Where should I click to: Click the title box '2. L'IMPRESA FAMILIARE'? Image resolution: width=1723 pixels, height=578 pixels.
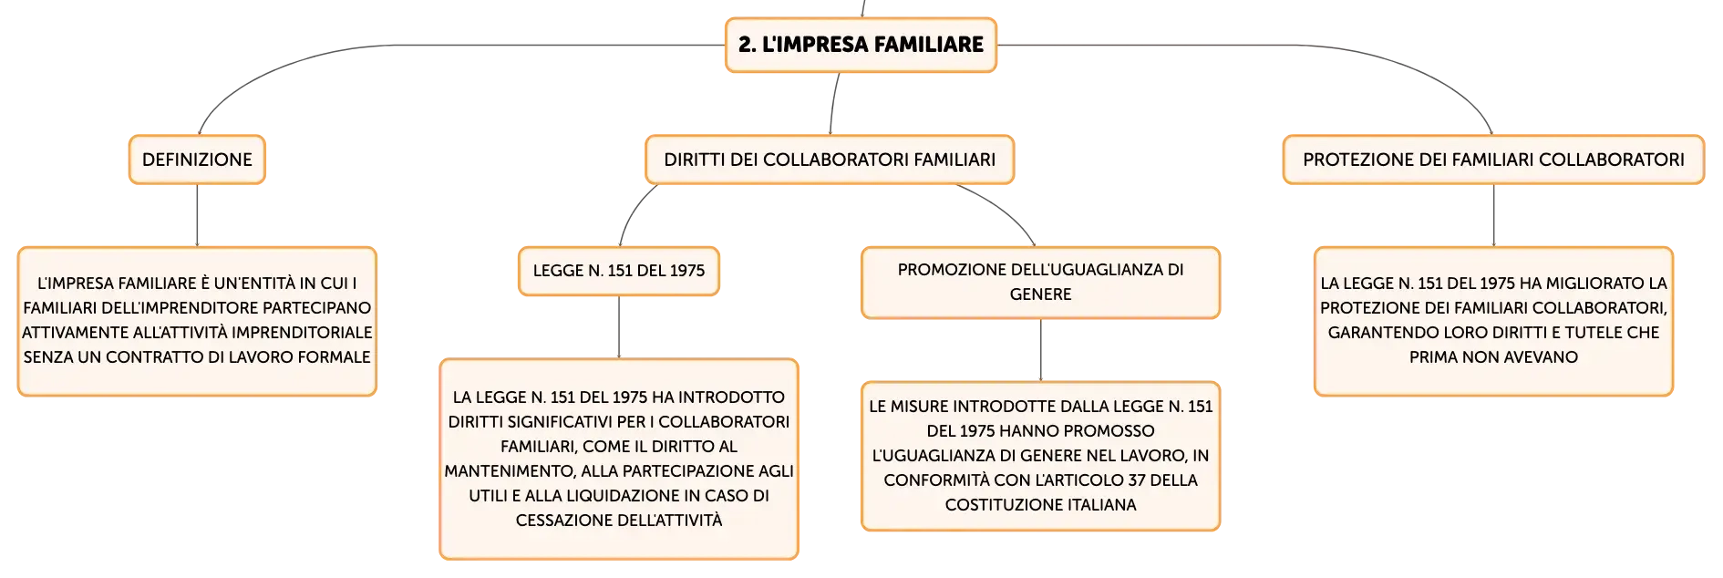861,45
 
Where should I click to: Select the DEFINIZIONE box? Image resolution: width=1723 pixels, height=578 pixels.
197,160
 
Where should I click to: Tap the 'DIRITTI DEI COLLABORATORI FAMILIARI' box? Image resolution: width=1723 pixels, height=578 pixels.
830,160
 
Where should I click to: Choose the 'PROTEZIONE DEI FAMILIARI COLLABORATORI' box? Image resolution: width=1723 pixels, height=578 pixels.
1493,160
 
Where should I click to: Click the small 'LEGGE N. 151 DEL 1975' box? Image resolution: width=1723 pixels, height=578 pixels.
619,271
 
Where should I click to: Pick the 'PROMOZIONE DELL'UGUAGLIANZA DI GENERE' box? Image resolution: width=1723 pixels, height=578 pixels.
1040,283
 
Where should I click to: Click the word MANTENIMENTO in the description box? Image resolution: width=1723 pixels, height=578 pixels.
510,471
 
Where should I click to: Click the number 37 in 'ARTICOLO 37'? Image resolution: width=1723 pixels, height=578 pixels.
1141,480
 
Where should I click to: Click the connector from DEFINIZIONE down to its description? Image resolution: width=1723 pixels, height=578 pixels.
197,215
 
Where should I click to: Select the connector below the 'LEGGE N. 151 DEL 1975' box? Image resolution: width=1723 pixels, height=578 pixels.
619,327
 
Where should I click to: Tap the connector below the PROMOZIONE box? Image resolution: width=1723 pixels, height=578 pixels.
1040,350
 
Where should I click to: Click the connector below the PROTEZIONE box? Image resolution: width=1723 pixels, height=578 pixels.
1493,215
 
